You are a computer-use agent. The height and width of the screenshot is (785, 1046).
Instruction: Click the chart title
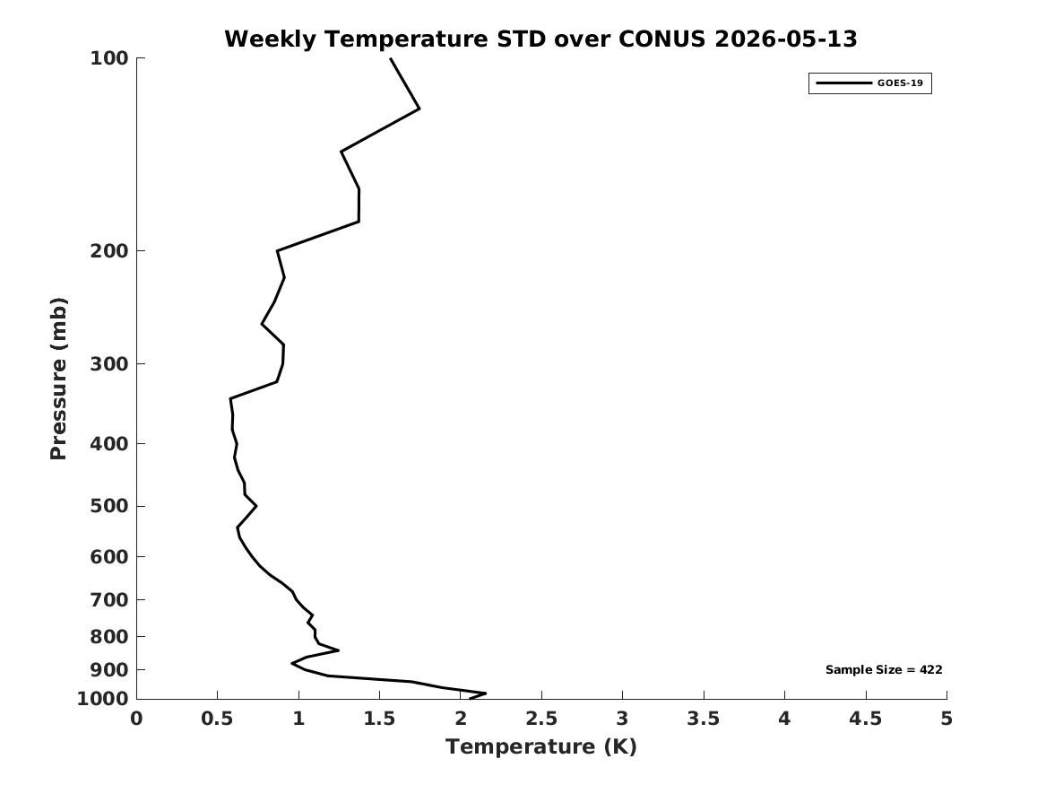click(540, 39)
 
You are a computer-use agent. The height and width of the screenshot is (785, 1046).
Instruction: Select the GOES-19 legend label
click(900, 83)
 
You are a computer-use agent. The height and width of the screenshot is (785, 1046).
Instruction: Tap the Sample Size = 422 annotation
click(884, 669)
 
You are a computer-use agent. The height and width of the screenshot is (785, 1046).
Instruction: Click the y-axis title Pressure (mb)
click(58, 379)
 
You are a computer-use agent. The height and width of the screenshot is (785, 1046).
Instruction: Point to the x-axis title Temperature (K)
click(541, 746)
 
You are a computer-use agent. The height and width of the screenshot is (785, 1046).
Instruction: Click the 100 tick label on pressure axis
click(108, 58)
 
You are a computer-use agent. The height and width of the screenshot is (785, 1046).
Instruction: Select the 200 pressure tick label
click(108, 251)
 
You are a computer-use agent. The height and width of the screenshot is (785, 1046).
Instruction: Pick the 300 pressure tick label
click(108, 364)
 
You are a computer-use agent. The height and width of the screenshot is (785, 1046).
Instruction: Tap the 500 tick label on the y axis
click(108, 506)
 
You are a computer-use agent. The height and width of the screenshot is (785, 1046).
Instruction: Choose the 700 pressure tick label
click(108, 599)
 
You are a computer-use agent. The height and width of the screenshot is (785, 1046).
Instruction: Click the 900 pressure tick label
click(108, 669)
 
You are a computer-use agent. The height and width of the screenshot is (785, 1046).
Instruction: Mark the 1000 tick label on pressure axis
click(103, 699)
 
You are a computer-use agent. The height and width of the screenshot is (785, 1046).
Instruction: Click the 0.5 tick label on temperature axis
click(218, 719)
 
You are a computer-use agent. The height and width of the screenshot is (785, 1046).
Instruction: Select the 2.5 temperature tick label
click(541, 719)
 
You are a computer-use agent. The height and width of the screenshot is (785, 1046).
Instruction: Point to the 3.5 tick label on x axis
click(704, 719)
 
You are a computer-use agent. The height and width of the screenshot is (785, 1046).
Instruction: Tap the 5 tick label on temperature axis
click(947, 719)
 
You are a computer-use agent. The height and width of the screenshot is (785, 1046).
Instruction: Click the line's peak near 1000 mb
click(485, 693)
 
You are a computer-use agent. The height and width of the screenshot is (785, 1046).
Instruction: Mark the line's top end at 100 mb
click(391, 58)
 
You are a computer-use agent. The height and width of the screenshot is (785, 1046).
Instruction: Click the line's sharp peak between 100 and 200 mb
click(419, 109)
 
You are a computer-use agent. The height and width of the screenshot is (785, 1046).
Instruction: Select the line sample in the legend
click(843, 83)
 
